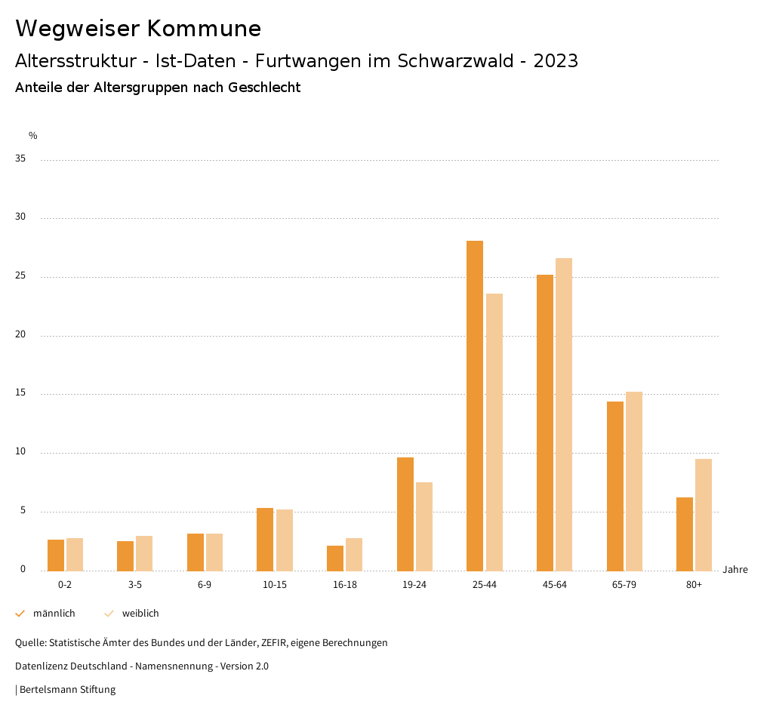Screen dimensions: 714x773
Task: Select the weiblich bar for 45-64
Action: tap(564, 414)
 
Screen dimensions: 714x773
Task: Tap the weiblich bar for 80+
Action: tap(704, 515)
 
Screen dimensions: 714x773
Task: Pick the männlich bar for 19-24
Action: tap(405, 514)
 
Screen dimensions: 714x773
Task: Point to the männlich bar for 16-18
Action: tap(335, 558)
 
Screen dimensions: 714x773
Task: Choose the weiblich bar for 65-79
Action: tap(634, 482)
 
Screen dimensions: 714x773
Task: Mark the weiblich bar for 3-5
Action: tap(144, 553)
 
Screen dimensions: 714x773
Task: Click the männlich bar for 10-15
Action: tap(265, 539)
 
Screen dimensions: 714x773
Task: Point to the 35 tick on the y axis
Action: tap(20, 159)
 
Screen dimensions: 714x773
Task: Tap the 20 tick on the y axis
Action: tap(20, 335)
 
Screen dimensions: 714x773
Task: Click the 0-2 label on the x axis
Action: tap(65, 585)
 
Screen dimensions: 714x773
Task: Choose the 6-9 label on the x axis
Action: tap(205, 585)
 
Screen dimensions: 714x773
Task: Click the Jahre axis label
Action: tap(735, 570)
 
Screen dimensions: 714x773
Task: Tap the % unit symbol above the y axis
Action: tap(33, 136)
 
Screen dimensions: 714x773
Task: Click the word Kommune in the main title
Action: tap(204, 29)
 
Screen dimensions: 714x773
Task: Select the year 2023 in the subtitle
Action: tap(556, 61)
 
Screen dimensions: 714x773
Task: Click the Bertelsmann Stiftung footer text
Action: tap(67, 689)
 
